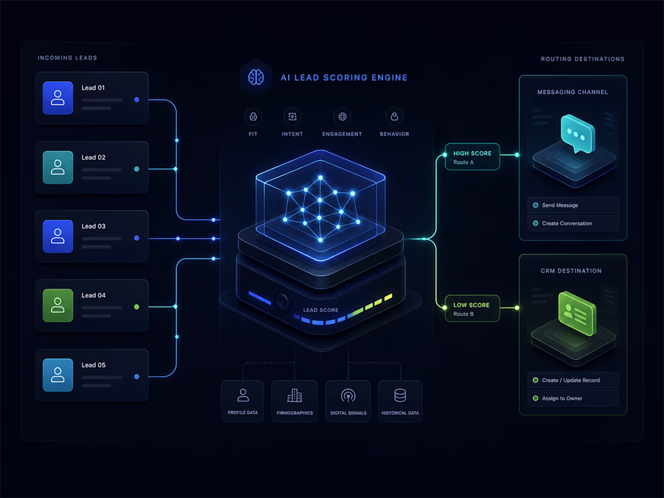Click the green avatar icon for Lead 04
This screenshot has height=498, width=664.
tap(57, 305)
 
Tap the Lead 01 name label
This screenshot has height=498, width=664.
tap(93, 88)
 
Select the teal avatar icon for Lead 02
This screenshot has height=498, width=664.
tap(57, 167)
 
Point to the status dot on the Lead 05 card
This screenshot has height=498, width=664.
tap(136, 377)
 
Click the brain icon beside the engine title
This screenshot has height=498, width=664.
tap(256, 77)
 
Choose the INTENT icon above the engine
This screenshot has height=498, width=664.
tap(292, 117)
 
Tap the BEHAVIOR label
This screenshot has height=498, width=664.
tap(394, 134)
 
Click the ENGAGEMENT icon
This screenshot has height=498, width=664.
tap(342, 117)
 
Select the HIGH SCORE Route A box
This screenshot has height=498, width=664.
tap(472, 157)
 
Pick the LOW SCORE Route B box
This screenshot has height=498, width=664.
tap(472, 308)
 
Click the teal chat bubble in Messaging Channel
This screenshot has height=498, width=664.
tap(578, 134)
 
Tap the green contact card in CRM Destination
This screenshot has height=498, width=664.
tap(577, 313)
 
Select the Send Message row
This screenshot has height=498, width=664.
tap(573, 205)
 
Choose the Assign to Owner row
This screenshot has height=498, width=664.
tap(573, 398)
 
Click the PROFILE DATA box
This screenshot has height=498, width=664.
tap(243, 401)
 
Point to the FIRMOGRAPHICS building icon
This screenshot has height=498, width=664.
tap(295, 395)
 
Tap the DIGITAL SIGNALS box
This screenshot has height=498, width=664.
tap(348, 401)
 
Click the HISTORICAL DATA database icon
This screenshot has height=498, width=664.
tap(400, 395)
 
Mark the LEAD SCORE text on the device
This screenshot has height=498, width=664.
tap(321, 310)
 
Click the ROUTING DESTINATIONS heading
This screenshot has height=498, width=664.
tap(583, 59)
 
